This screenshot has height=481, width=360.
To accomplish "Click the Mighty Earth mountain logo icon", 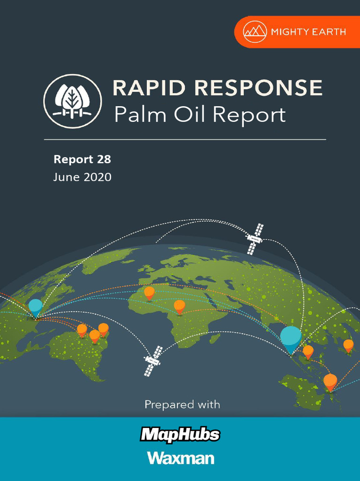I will [255, 31].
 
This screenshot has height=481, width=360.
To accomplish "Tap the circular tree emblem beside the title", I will [73, 101].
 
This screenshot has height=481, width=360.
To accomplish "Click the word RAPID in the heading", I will [147, 89].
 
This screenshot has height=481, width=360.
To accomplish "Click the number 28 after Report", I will [104, 159].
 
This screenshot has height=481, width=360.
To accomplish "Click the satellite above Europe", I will [255, 239].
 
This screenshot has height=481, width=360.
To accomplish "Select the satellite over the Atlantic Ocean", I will [152, 361].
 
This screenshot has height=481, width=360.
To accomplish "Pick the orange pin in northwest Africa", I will [149, 293].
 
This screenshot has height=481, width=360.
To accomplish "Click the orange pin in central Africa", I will [180, 306].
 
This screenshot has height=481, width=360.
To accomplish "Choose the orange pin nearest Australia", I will [330, 381].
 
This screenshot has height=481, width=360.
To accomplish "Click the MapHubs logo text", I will [180, 434].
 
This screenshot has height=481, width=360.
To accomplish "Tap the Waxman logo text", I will [180, 458].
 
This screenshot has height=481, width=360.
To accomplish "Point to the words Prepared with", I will [182, 404].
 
